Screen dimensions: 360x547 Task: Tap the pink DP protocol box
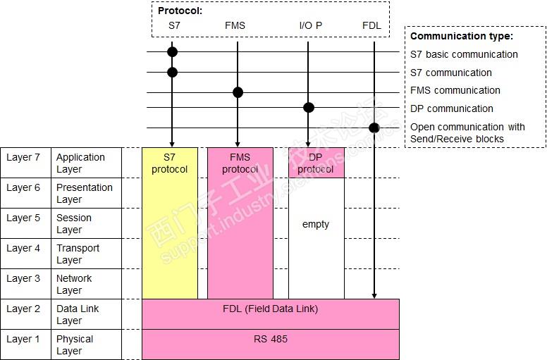[316, 163]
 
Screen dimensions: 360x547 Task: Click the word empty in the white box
[316, 224]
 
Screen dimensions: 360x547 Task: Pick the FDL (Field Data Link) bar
[271, 309]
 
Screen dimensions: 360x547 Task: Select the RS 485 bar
[271, 339]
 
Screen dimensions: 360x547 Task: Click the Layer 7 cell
[23, 158]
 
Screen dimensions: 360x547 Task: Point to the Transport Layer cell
[78, 254]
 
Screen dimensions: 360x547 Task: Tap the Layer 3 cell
[23, 278]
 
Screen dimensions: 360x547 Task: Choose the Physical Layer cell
[74, 345]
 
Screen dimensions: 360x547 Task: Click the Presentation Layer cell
[84, 193]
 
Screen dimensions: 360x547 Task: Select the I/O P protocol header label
[310, 26]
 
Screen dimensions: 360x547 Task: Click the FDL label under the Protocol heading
[371, 26]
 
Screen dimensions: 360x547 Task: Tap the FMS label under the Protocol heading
[235, 26]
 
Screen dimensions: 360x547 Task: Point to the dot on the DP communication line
[308, 108]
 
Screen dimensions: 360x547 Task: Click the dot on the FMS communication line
[238, 92]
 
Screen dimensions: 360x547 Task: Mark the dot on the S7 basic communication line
[172, 51]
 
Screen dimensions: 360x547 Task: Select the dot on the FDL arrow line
[374, 128]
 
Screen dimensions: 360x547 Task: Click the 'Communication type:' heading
[462, 36]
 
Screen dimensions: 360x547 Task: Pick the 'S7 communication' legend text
[451, 73]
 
